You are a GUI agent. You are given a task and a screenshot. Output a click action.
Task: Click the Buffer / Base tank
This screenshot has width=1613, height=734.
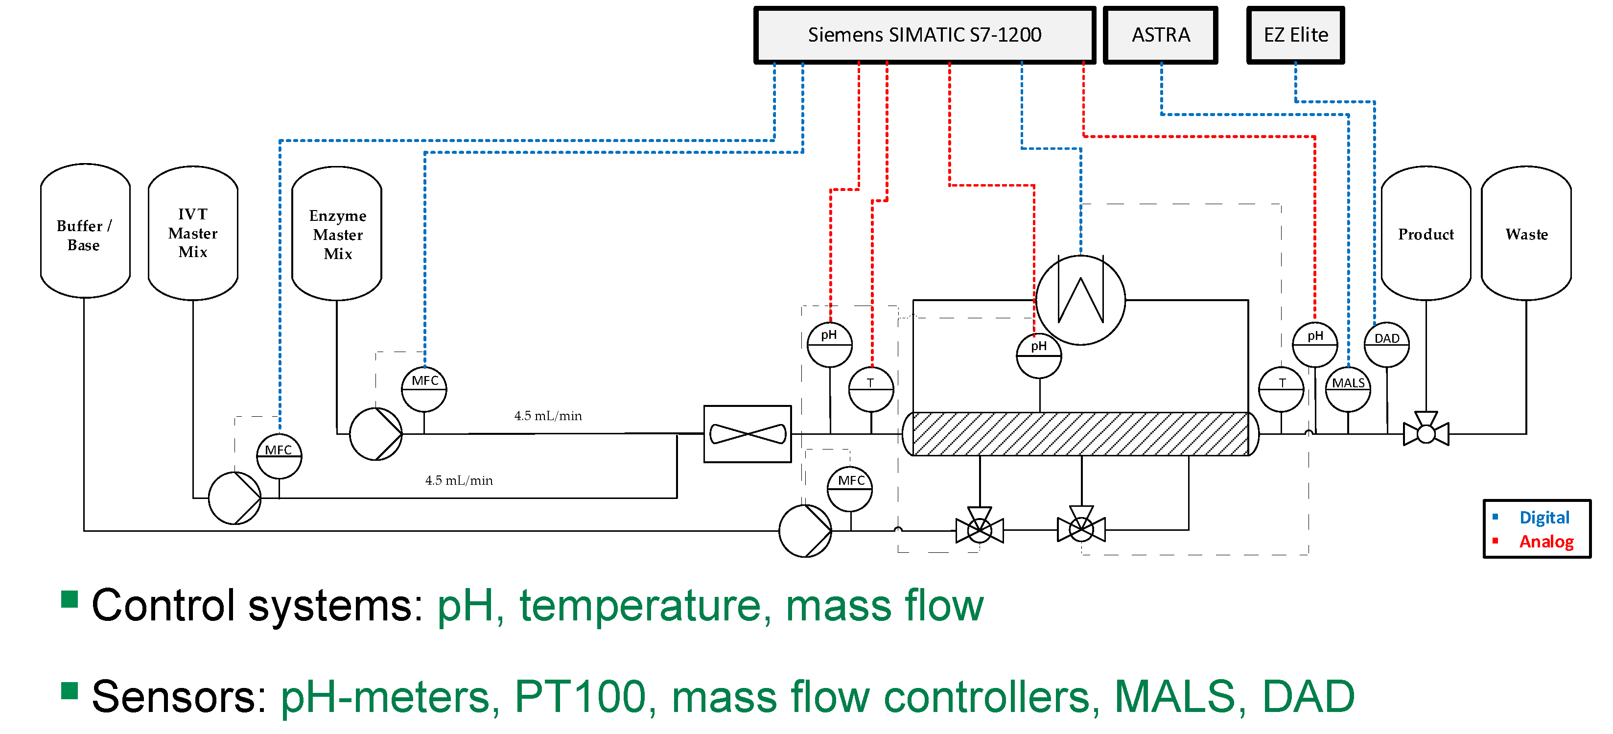tap(85, 232)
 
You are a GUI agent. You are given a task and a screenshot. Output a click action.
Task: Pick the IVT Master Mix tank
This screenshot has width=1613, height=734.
tap(193, 233)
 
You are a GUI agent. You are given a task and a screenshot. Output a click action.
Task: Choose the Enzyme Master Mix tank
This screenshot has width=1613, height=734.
tap(337, 234)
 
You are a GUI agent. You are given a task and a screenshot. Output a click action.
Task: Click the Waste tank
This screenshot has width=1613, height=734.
tap(1526, 234)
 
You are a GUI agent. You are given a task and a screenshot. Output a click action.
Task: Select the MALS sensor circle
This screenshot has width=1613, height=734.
tap(1348, 389)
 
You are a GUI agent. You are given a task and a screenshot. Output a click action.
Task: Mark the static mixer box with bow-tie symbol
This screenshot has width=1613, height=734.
tap(747, 434)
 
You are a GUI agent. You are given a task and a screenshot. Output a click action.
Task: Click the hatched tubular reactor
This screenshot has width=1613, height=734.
tap(1080, 434)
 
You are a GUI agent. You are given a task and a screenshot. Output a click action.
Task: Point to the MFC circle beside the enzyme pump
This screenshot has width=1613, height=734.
tap(424, 389)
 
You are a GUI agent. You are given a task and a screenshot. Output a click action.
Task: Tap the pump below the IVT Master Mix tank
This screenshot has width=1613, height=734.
tap(234, 498)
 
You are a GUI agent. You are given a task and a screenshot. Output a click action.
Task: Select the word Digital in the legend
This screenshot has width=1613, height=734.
tap(1543, 517)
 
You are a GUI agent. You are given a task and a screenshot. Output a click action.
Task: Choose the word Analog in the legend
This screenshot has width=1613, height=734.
tap(1545, 541)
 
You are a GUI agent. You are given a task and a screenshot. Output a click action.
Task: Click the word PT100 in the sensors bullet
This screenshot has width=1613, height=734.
tap(579, 696)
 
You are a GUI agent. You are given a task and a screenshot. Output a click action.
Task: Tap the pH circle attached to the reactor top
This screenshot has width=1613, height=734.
tap(1039, 355)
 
